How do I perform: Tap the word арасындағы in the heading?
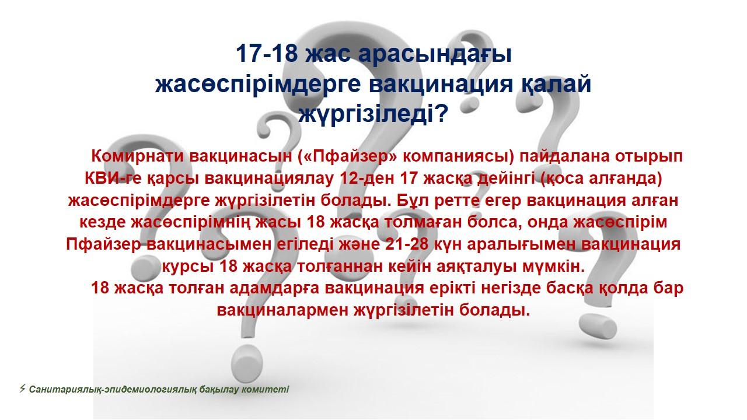pyautogui.click(x=435, y=54)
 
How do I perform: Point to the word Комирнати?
pyautogui.click(x=137, y=156)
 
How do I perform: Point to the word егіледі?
pyautogui.click(x=305, y=244)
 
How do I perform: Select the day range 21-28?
pyautogui.click(x=407, y=244)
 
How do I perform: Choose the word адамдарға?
pyautogui.click(x=274, y=288)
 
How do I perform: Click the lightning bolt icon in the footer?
pyautogui.click(x=23, y=388)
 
